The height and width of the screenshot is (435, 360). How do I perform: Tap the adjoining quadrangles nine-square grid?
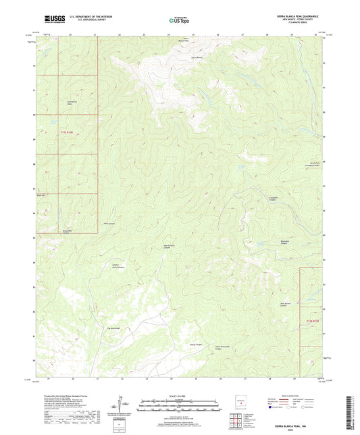click(235, 419)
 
